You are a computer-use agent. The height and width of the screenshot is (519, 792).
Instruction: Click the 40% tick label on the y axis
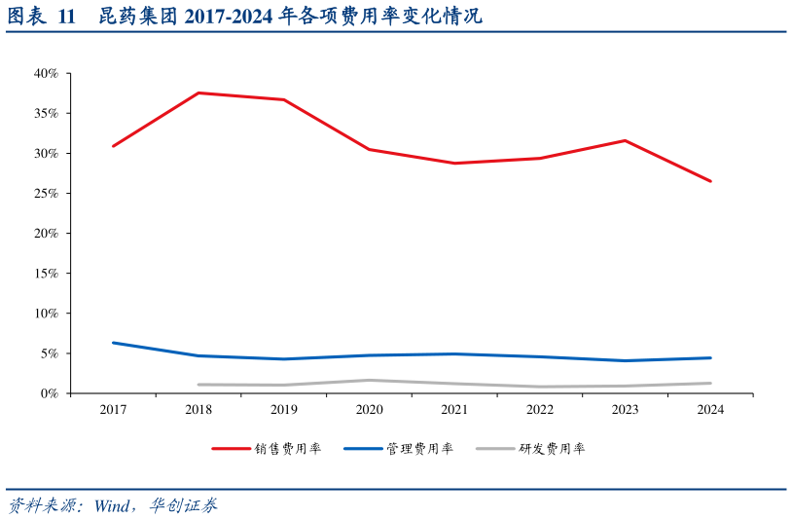pyautogui.click(x=47, y=74)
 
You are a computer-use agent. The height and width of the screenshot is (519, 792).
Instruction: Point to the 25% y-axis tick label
pyautogui.click(x=47, y=194)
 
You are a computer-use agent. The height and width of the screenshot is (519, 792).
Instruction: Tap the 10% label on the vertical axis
pyautogui.click(x=47, y=314)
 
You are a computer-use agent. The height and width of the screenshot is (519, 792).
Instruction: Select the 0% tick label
pyautogui.click(x=50, y=393)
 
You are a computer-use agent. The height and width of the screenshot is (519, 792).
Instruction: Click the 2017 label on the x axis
pyautogui.click(x=113, y=411)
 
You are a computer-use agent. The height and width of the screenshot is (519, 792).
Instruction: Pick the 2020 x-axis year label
pyautogui.click(x=369, y=411)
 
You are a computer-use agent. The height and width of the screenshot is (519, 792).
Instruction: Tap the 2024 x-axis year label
pyautogui.click(x=710, y=411)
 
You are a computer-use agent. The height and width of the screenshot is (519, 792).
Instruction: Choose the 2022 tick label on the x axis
pyautogui.click(x=540, y=411)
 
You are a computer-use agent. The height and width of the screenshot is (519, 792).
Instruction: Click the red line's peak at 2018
pyautogui.click(x=198, y=93)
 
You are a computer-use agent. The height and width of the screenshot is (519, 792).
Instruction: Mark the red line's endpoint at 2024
pyautogui.click(x=710, y=181)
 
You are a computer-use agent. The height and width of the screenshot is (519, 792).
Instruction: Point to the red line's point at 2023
pyautogui.click(x=625, y=140)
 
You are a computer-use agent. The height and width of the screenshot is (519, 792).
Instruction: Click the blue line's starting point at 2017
pyautogui.click(x=113, y=343)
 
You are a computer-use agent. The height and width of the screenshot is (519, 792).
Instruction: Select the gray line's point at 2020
pyautogui.click(x=369, y=380)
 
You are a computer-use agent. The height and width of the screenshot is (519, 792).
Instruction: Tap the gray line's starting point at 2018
pyautogui.click(x=198, y=385)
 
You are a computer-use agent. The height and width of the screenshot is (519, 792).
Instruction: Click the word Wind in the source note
pyautogui.click(x=115, y=505)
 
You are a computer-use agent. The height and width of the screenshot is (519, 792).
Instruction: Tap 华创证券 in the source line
pyautogui.click(x=184, y=505)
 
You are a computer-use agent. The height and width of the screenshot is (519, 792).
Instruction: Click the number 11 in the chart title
pyautogui.click(x=66, y=17)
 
